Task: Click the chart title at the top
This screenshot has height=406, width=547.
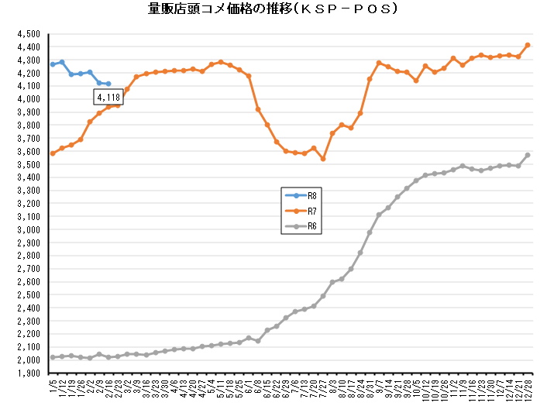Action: (x=273, y=9)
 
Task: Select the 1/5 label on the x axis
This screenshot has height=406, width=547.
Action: (x=52, y=384)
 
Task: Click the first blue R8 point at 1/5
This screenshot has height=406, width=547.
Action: (x=53, y=64)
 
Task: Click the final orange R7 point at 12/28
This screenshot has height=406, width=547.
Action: (x=528, y=45)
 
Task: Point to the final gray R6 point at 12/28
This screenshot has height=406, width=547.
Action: (x=528, y=155)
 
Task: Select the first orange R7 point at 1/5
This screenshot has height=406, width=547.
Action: (x=53, y=153)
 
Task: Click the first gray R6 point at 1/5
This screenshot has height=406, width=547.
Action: (x=53, y=357)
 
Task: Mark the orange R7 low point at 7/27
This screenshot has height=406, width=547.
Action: (x=322, y=159)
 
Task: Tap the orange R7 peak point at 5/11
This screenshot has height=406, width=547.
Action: (x=221, y=62)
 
